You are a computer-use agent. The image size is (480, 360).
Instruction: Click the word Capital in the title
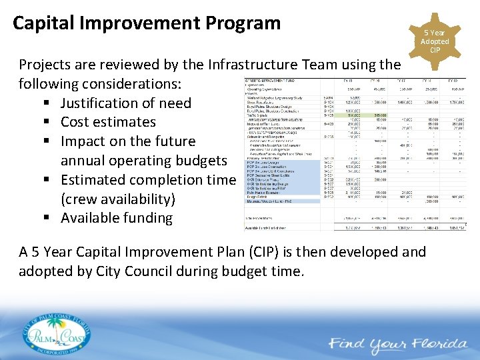coord(45,23)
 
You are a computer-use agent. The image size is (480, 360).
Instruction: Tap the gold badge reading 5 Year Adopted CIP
coord(435,41)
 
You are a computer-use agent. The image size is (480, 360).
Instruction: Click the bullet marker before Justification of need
coord(49,103)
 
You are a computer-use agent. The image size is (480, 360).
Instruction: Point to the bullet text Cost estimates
coord(108,122)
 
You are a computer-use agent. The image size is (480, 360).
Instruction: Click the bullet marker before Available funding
coord(49,218)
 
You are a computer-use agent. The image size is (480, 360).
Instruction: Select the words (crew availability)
coord(118,199)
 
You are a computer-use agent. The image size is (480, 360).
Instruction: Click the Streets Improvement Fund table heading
coord(271,81)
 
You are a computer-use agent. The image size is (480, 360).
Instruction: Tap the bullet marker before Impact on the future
coord(49,141)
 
